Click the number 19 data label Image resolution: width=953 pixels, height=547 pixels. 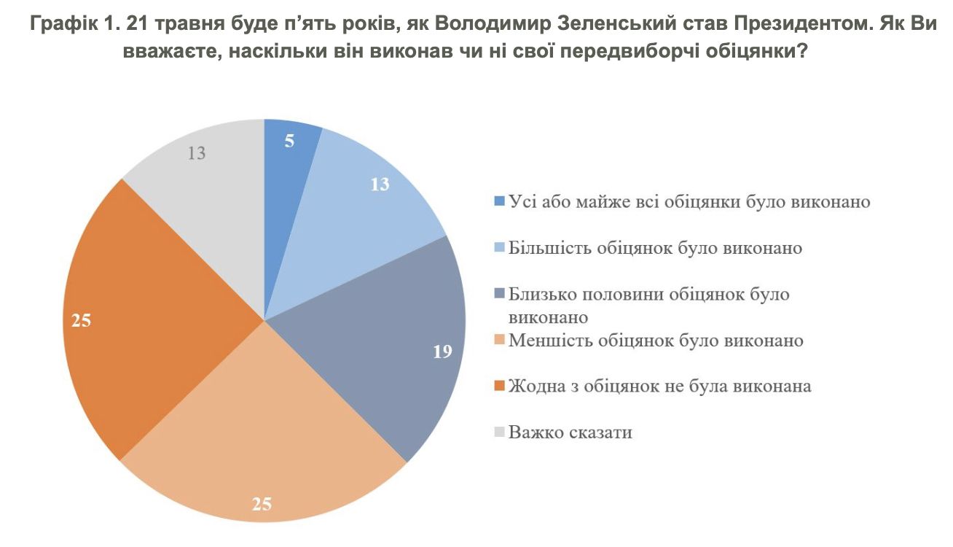(x=442, y=352)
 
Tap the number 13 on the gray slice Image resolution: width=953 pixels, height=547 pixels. (x=197, y=154)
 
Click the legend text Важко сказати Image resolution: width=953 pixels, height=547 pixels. (x=570, y=432)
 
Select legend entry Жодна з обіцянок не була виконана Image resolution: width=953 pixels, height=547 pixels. (x=659, y=386)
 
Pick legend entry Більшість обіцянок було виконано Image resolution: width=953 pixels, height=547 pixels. (x=655, y=248)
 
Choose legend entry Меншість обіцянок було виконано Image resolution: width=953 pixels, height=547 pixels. (x=656, y=341)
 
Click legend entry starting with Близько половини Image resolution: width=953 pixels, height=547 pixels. (x=648, y=295)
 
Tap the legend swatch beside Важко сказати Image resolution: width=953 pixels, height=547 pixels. (x=499, y=432)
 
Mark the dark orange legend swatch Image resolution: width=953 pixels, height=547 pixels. (x=499, y=387)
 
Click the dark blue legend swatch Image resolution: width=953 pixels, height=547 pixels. (x=499, y=202)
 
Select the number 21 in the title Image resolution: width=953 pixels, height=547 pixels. (x=136, y=23)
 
